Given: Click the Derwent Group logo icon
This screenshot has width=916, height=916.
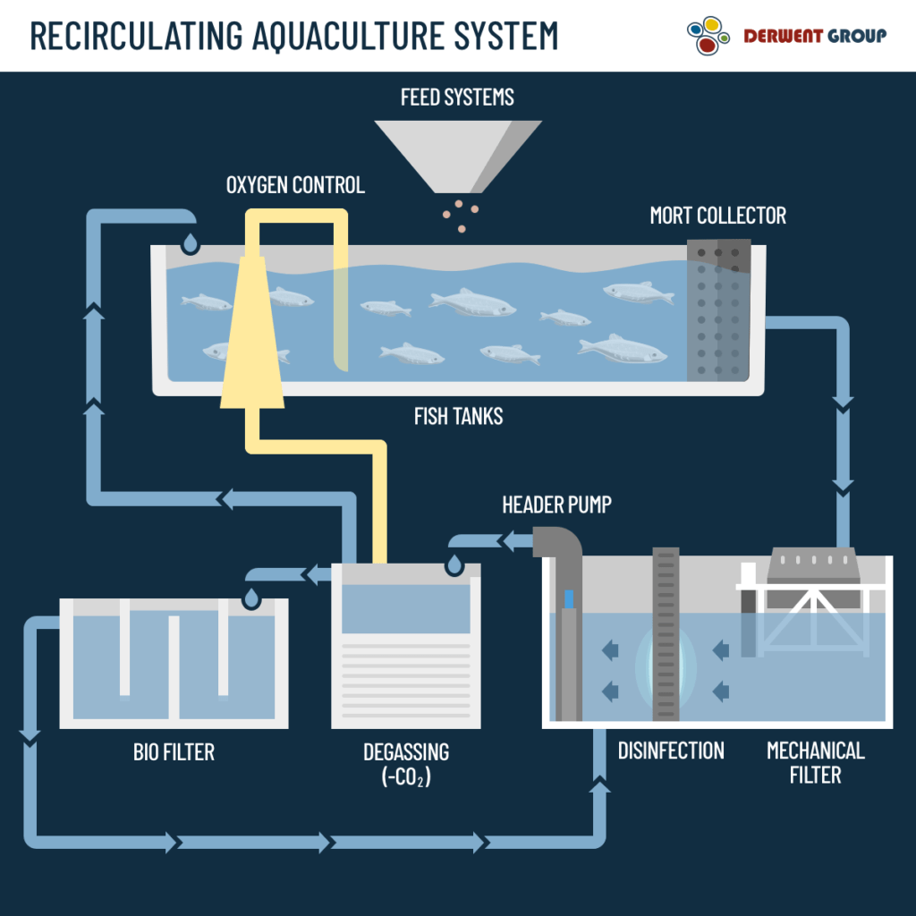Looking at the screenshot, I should (708, 36).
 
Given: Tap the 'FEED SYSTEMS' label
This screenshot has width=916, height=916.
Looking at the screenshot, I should (457, 97).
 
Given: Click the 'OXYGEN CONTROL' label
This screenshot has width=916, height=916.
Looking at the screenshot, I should (295, 185).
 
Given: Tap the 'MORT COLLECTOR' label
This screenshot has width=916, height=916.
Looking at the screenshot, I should (717, 216).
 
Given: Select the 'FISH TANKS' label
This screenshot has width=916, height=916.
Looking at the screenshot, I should (458, 416).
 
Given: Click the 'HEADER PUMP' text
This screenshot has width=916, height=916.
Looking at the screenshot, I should (556, 505).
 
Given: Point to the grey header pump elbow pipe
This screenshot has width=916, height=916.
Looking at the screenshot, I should (560, 546).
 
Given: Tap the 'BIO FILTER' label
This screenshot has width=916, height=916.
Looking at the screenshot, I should (174, 751).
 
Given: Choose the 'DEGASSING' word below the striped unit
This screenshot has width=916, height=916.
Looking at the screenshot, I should (406, 751).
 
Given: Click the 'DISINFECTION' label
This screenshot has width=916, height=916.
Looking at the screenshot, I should (671, 750).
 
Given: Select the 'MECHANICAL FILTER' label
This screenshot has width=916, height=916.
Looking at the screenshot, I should (815, 761).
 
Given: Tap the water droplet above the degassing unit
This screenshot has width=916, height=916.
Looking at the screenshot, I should (454, 564).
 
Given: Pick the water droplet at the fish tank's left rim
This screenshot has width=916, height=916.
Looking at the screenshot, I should (190, 242).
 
